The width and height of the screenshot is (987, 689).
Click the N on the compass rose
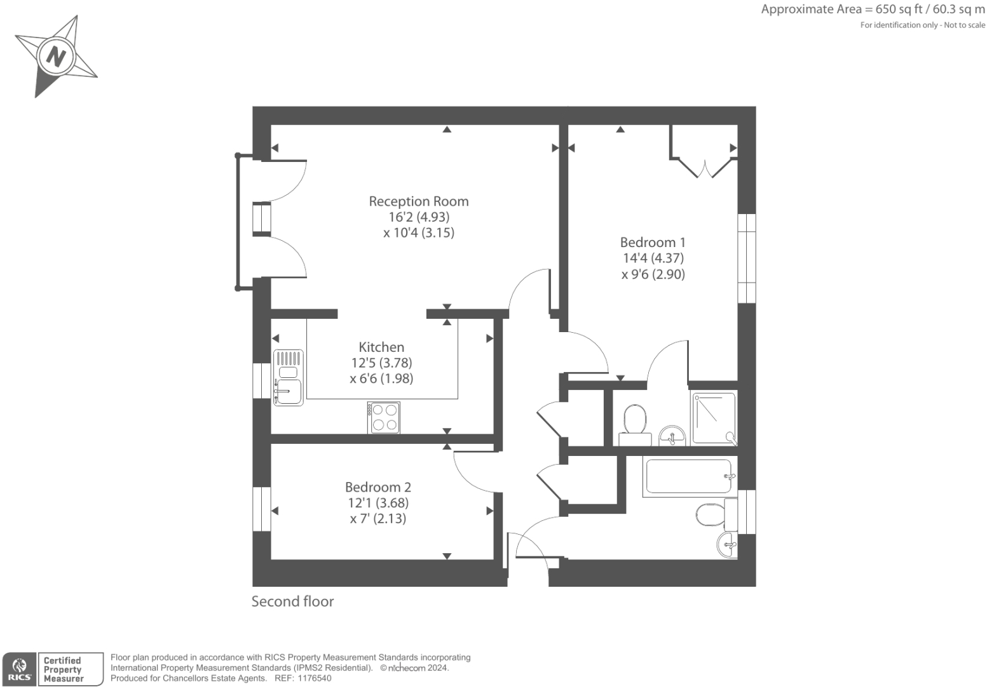click(56, 57)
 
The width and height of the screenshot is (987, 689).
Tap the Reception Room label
click(419, 201)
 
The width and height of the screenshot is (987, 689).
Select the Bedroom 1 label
click(653, 242)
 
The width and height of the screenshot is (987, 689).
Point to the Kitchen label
click(381, 347)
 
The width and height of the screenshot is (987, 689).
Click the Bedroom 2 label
click(378, 487)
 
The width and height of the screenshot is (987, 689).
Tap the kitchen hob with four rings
click(384, 417)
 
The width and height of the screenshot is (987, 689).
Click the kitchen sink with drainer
click(288, 378)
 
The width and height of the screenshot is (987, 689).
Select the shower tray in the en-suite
click(714, 418)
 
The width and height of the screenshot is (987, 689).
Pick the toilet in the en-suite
click(635, 425)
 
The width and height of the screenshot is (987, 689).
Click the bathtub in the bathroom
click(688, 476)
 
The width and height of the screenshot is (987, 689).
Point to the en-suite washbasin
click(672, 436)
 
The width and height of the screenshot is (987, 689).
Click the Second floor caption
click(292, 601)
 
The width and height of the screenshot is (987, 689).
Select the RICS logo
click(20, 669)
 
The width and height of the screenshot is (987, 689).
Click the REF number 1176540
click(314, 678)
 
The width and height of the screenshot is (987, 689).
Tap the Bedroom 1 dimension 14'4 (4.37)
click(653, 258)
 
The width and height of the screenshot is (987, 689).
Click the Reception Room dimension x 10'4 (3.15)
click(419, 232)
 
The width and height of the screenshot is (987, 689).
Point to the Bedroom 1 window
click(747, 258)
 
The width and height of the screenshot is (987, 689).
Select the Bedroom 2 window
click(262, 509)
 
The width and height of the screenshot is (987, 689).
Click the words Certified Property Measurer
click(63, 669)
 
